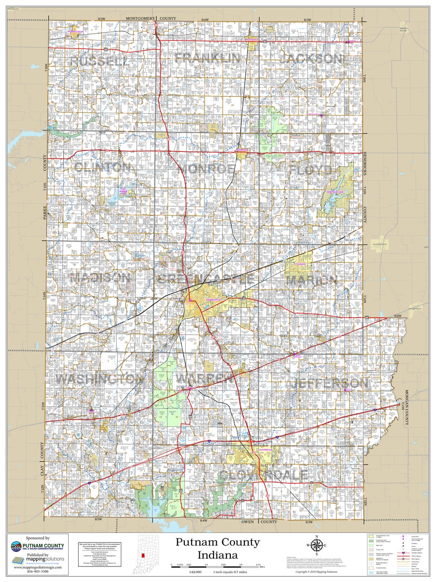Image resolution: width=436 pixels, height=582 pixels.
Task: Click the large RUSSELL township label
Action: click(x=97, y=61)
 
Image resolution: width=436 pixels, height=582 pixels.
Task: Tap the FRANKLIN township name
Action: click(x=208, y=58)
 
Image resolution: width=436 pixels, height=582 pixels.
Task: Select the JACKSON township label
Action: click(x=311, y=59)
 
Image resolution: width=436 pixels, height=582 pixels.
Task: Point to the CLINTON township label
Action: click(x=102, y=167)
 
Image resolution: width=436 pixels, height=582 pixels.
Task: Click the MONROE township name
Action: click(x=207, y=169)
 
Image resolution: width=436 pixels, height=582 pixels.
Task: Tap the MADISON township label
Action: click(x=100, y=277)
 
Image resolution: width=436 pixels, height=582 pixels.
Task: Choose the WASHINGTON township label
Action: click(x=100, y=379)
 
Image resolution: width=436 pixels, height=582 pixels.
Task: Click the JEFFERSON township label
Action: click(x=329, y=383)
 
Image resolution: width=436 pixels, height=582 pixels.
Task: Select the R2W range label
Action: click(x=398, y=316)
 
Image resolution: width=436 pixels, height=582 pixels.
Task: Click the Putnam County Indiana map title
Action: click(x=218, y=548)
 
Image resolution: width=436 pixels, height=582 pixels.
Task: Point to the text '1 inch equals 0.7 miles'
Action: click(x=230, y=571)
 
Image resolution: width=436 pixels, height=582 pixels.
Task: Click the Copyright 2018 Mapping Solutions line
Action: click(x=317, y=572)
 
